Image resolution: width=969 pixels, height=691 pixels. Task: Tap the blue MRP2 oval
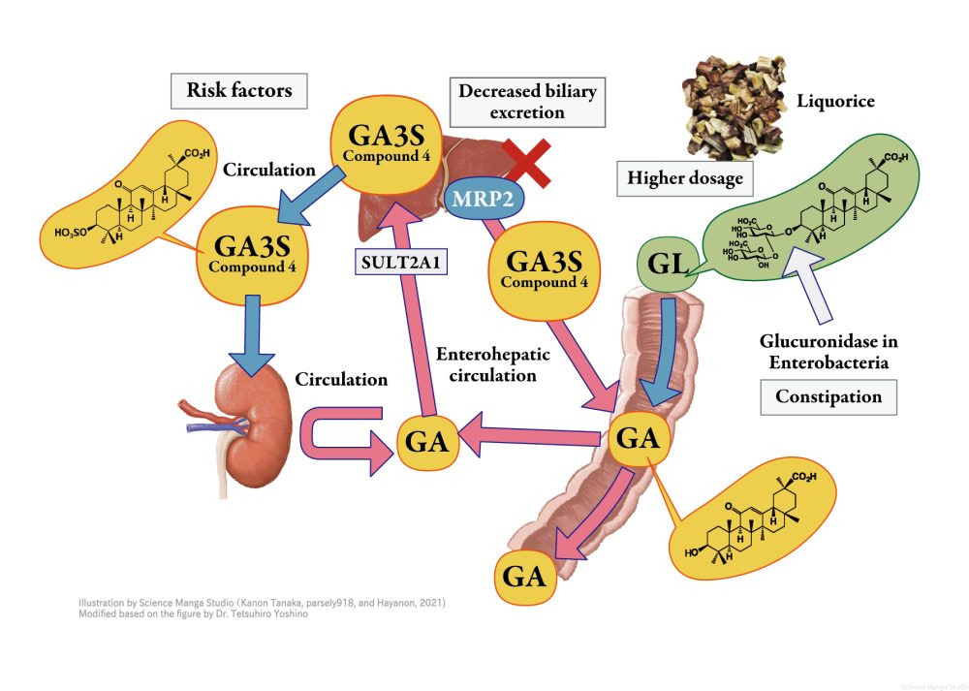point(482,199)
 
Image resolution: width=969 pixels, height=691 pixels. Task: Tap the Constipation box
point(828,396)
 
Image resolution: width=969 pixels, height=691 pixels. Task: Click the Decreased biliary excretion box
point(526,102)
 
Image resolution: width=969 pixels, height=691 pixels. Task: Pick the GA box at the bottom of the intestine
point(523,577)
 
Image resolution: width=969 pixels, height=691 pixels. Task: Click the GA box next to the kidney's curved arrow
point(425,442)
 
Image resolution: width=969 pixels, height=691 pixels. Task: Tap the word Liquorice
point(834,100)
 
